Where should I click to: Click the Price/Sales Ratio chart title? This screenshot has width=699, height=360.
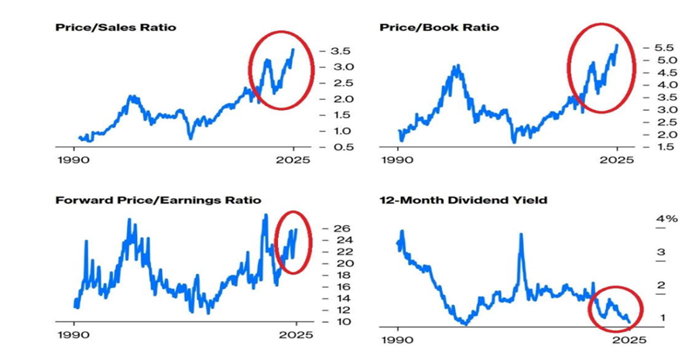coord(115,28)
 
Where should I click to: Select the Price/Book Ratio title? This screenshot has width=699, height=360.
coord(439,28)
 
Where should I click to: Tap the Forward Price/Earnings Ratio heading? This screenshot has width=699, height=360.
coord(159,201)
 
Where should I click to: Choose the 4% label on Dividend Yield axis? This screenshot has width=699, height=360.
coord(667,220)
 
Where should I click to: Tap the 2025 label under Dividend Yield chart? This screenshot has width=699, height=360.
coord(625,341)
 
